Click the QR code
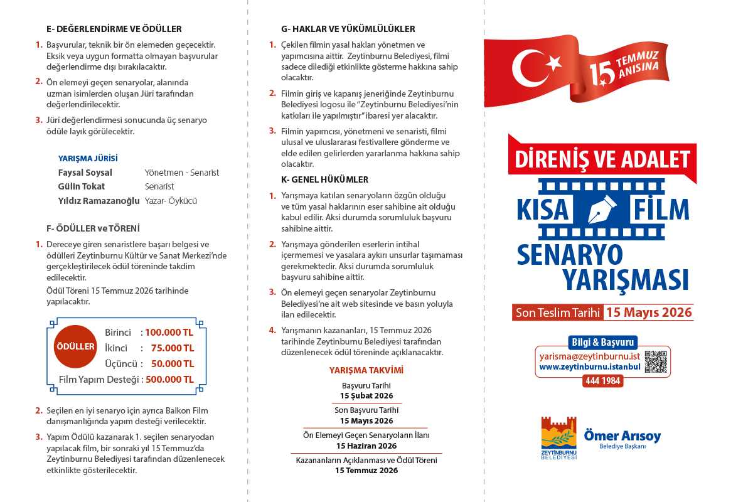[x=656, y=361]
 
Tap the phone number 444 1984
[x=603, y=381]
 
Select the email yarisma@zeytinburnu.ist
[x=589, y=356]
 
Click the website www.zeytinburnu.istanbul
[x=589, y=366]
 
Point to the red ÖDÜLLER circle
[x=75, y=346]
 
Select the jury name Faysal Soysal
[x=85, y=173]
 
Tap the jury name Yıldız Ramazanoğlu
[x=99, y=200]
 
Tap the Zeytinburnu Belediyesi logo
[x=558, y=437]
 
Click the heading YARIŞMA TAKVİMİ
[x=366, y=370]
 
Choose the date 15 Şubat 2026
[x=366, y=396]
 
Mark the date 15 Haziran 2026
[x=366, y=446]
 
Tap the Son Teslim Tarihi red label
[x=557, y=312]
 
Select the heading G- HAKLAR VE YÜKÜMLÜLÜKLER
[x=348, y=29]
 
